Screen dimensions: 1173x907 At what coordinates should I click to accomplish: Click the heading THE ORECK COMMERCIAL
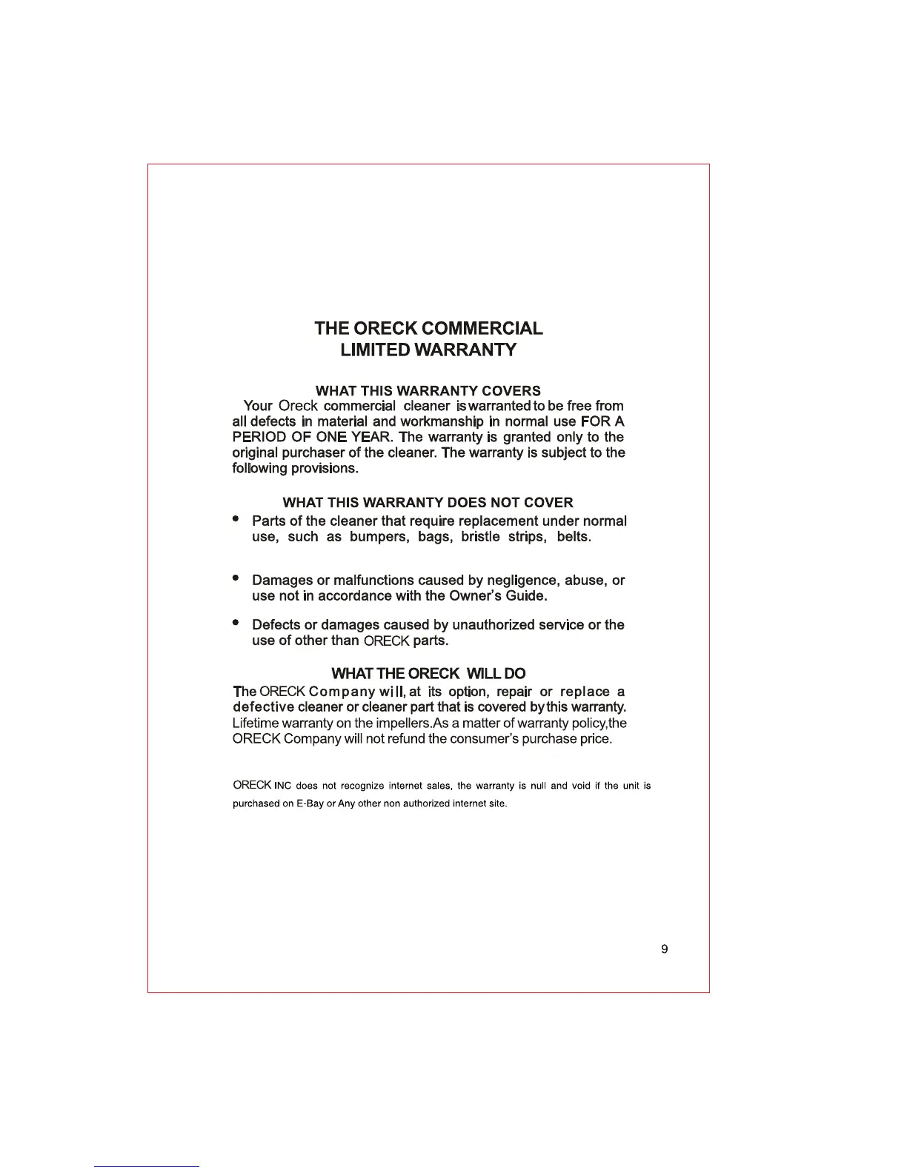(428, 328)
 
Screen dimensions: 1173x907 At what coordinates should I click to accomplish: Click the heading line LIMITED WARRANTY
(428, 350)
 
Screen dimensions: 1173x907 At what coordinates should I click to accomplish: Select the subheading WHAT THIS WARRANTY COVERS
(428, 390)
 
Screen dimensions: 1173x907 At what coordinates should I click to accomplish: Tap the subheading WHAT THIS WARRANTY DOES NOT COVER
(428, 503)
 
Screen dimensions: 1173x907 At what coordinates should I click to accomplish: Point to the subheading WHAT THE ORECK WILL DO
(428, 674)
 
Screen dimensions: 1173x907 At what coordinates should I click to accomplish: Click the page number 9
(664, 949)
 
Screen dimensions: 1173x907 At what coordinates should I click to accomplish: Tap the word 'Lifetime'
(256, 723)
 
